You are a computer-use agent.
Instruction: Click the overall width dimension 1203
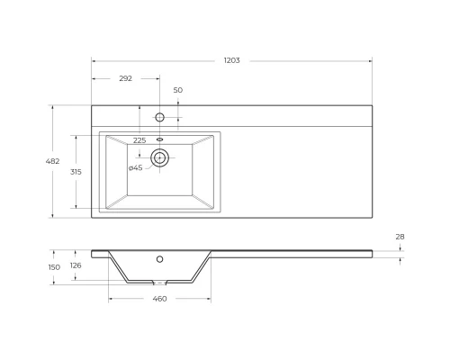(x=232, y=60)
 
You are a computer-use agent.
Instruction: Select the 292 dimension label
(x=125, y=78)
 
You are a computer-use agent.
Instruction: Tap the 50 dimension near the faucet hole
(x=178, y=90)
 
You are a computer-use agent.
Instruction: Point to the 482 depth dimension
(x=53, y=161)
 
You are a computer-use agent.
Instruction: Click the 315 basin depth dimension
(x=76, y=171)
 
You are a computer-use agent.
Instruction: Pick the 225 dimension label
(x=139, y=140)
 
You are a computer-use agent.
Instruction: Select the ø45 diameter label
(x=135, y=167)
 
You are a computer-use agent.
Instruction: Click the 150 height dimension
(x=54, y=266)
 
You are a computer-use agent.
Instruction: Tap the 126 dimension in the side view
(x=76, y=265)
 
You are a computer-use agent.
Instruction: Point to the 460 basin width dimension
(x=159, y=298)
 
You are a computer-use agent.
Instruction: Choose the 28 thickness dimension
(x=400, y=237)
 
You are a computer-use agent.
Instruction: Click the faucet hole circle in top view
(x=160, y=117)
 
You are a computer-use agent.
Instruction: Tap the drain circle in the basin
(x=160, y=158)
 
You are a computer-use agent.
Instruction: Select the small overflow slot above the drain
(x=160, y=139)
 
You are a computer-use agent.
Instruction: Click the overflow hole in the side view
(x=160, y=259)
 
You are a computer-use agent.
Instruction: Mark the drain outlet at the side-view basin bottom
(x=160, y=283)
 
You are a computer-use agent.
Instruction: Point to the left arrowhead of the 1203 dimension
(x=94, y=60)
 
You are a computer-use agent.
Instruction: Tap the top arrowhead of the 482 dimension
(x=53, y=107)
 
